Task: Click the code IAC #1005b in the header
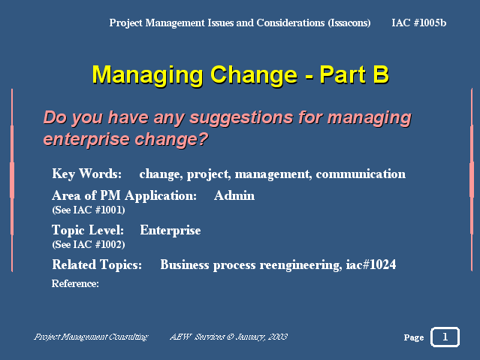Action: (418, 23)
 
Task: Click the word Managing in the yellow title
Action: (147, 75)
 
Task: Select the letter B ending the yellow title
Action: (381, 74)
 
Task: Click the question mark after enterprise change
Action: (202, 139)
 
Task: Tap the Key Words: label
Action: (87, 174)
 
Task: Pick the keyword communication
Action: (361, 174)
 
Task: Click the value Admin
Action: (234, 195)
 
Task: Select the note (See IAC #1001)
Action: (89, 210)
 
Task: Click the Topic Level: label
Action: (88, 230)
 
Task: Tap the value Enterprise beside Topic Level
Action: (171, 231)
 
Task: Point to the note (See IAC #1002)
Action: (89, 245)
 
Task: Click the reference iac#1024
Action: (371, 265)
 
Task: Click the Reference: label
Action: (75, 283)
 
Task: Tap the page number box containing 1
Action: (445, 337)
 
